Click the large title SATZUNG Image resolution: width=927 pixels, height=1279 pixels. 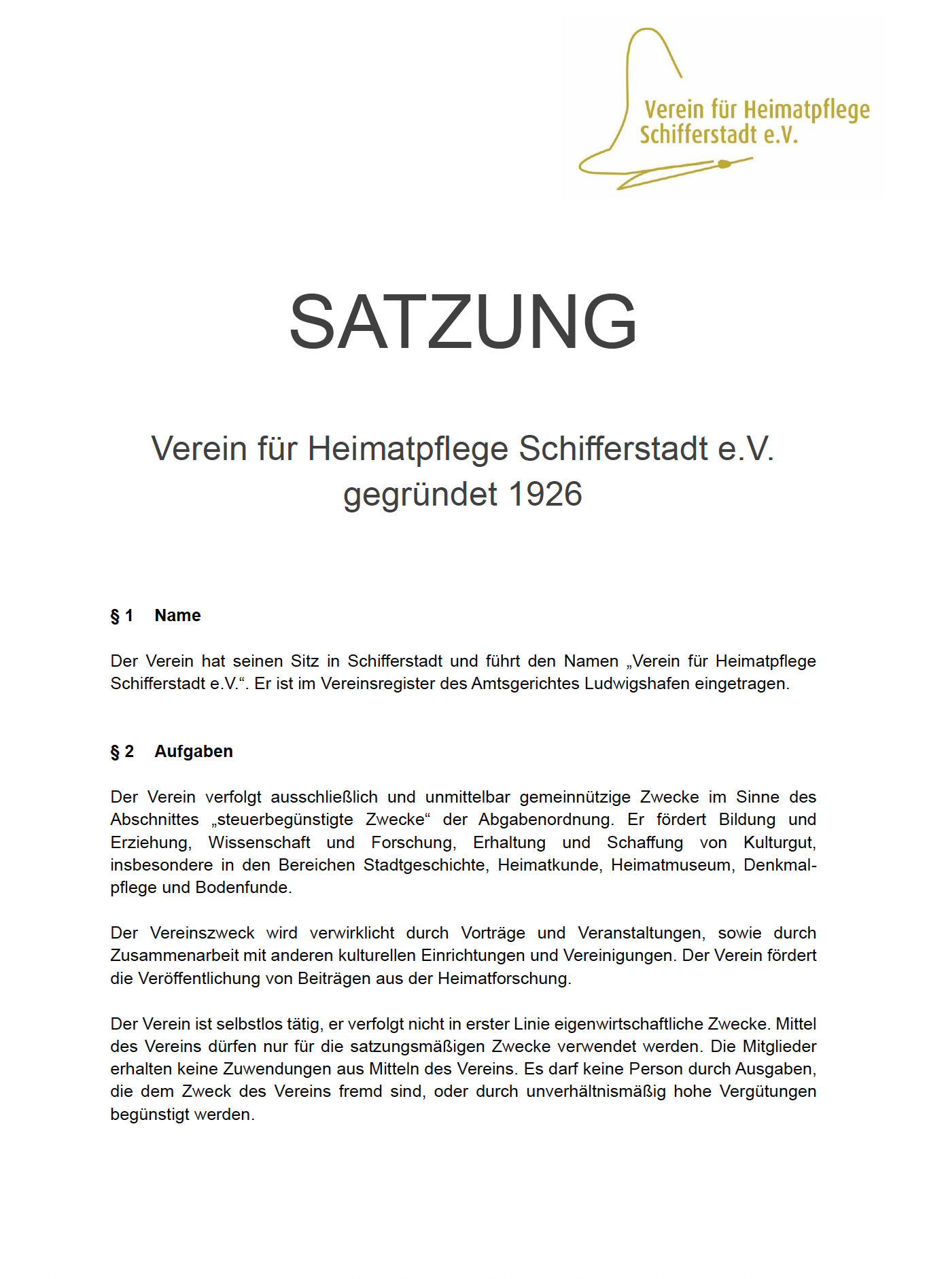(x=463, y=321)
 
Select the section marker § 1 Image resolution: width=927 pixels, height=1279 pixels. (x=122, y=616)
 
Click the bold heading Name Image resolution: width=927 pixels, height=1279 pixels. (x=177, y=616)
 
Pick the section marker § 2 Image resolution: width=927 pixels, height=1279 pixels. (x=122, y=752)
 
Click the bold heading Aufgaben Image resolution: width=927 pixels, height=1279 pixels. (x=194, y=752)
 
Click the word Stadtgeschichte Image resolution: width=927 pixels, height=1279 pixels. (x=425, y=865)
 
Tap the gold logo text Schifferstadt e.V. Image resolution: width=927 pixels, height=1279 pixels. (x=718, y=135)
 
